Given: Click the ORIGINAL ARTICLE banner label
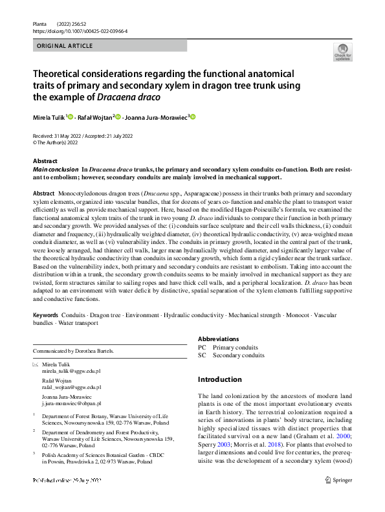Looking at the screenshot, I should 65,46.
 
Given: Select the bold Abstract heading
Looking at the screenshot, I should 45,161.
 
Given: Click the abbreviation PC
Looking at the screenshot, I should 202,347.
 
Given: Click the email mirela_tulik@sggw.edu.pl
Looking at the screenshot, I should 71,372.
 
